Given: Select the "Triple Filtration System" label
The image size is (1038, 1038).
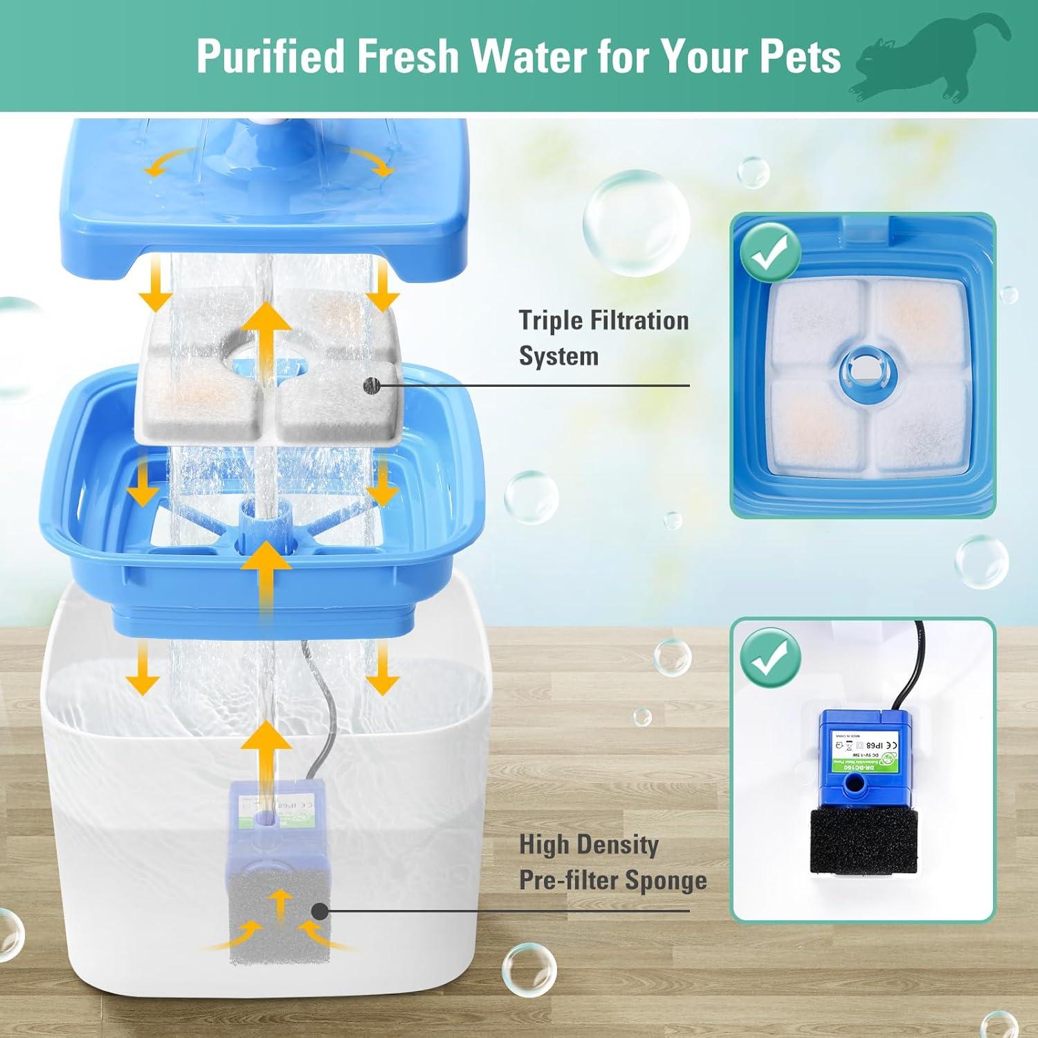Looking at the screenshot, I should (603, 338).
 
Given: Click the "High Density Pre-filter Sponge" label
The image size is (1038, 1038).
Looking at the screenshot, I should (612, 862).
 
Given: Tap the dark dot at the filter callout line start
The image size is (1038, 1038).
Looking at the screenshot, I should (372, 385).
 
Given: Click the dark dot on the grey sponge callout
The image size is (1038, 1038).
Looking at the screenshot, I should (320, 911).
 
